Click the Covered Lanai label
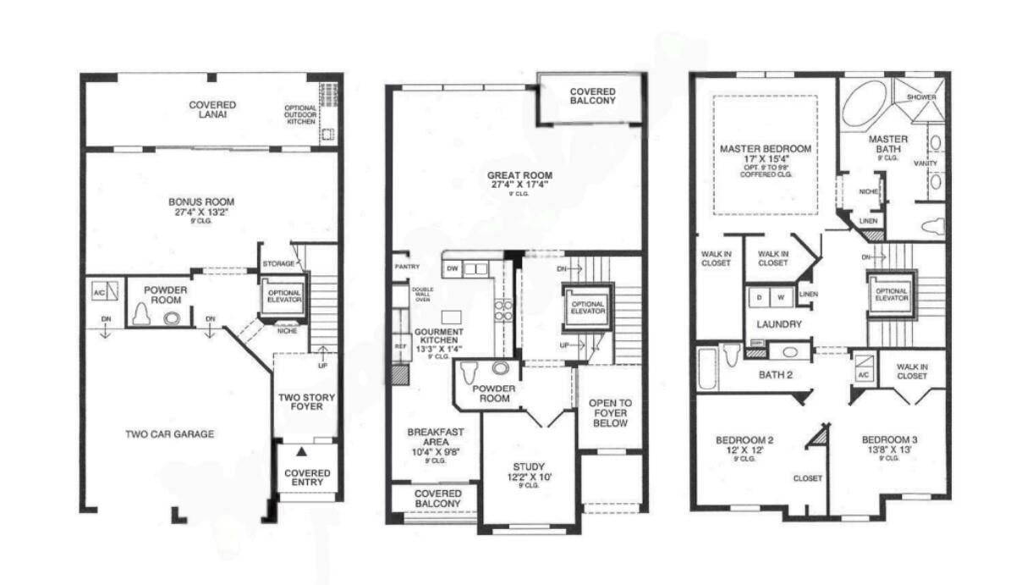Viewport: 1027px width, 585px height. pyautogui.click(x=212, y=110)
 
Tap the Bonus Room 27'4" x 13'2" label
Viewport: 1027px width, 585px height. pyautogui.click(x=200, y=207)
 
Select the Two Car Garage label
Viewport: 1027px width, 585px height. pyautogui.click(x=170, y=434)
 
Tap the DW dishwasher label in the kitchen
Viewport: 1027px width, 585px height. pyautogui.click(x=453, y=269)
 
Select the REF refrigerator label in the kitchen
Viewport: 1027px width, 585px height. pyautogui.click(x=401, y=346)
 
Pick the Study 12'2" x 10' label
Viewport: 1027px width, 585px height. pyautogui.click(x=530, y=472)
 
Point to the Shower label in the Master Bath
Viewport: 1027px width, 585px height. pyautogui.click(x=921, y=97)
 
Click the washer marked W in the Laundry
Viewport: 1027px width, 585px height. pyautogui.click(x=780, y=297)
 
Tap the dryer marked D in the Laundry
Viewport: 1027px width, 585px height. pyautogui.click(x=759, y=297)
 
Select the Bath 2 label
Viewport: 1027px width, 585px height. pyautogui.click(x=775, y=374)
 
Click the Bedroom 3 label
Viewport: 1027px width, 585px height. pyautogui.click(x=888, y=444)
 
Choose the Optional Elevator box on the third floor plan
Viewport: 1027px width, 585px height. pyautogui.click(x=892, y=294)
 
